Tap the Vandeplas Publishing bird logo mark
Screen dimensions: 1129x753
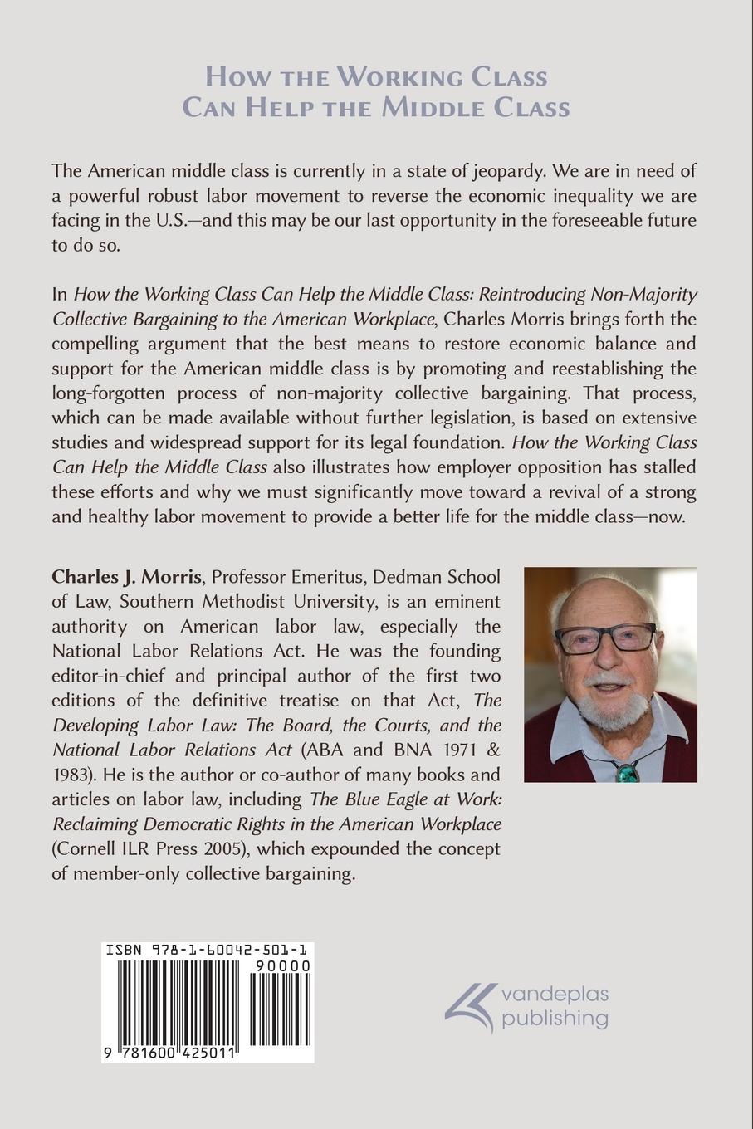pyautogui.click(x=469, y=1004)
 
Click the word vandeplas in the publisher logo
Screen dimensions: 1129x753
pyautogui.click(x=555, y=994)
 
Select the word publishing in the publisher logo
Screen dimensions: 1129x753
pyautogui.click(x=555, y=1018)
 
